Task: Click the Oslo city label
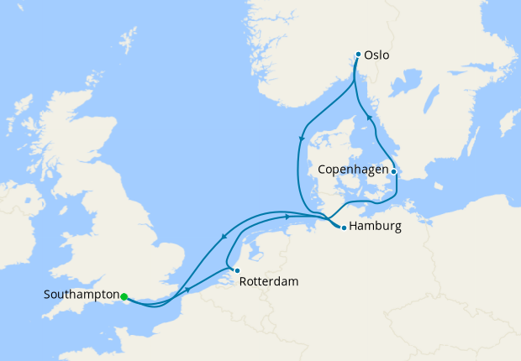coord(377,56)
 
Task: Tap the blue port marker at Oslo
coord(358,55)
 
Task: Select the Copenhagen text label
coord(354,170)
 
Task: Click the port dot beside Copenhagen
coord(394,171)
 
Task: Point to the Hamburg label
coord(374,227)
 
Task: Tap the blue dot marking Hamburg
coord(342,226)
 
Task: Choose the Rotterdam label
coord(269,282)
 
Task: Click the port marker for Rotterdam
coord(237,270)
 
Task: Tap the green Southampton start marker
coord(124,296)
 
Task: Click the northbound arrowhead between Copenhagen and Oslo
coord(370,118)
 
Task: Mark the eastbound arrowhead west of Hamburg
coord(288,217)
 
